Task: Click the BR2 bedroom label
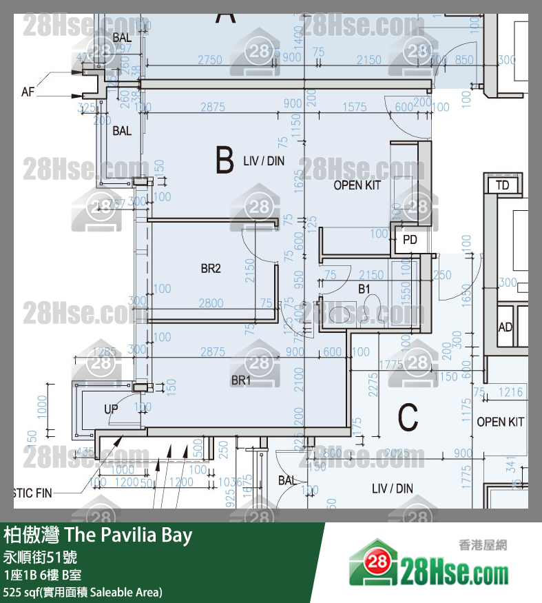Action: coord(210,269)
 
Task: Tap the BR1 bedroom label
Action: coord(240,380)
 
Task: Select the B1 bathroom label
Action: coord(364,289)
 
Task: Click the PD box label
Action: coord(410,241)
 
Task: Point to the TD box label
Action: coord(502,185)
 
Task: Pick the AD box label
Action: coord(505,327)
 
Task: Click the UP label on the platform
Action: coord(111,409)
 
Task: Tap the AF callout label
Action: coord(28,91)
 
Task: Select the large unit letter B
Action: coord(225,161)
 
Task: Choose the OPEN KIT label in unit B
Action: coord(357,185)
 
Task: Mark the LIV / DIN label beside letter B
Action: coord(264,161)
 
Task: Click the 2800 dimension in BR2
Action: coord(211,303)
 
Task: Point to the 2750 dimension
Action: coord(210,60)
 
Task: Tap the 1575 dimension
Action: coord(355,107)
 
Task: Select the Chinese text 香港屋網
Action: coord(482,545)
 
